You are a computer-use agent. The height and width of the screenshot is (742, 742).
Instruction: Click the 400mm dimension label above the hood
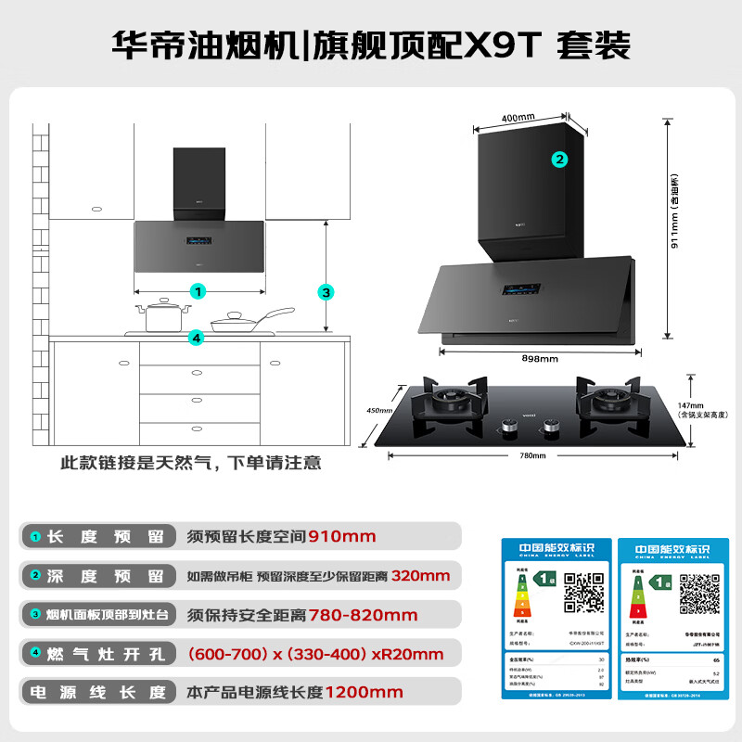518,118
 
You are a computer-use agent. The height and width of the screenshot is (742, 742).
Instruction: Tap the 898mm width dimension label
539,359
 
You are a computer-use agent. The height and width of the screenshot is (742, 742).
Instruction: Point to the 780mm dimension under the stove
532,455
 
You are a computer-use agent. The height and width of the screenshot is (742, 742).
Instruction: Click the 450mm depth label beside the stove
381,410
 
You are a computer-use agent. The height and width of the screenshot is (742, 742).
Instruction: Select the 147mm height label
691,405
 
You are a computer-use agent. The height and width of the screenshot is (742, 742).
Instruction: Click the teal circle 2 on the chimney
559,159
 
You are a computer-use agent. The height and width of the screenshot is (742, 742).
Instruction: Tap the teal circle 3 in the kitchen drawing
326,291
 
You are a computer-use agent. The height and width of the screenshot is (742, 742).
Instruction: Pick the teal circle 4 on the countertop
196,338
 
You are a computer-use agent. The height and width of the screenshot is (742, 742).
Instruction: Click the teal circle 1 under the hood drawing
198,291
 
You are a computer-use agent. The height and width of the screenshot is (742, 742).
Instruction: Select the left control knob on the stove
508,428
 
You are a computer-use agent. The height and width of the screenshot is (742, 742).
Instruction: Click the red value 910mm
341,536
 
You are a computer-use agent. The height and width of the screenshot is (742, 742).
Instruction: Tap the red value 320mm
421,575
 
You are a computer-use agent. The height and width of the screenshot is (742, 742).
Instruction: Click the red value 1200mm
364,692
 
